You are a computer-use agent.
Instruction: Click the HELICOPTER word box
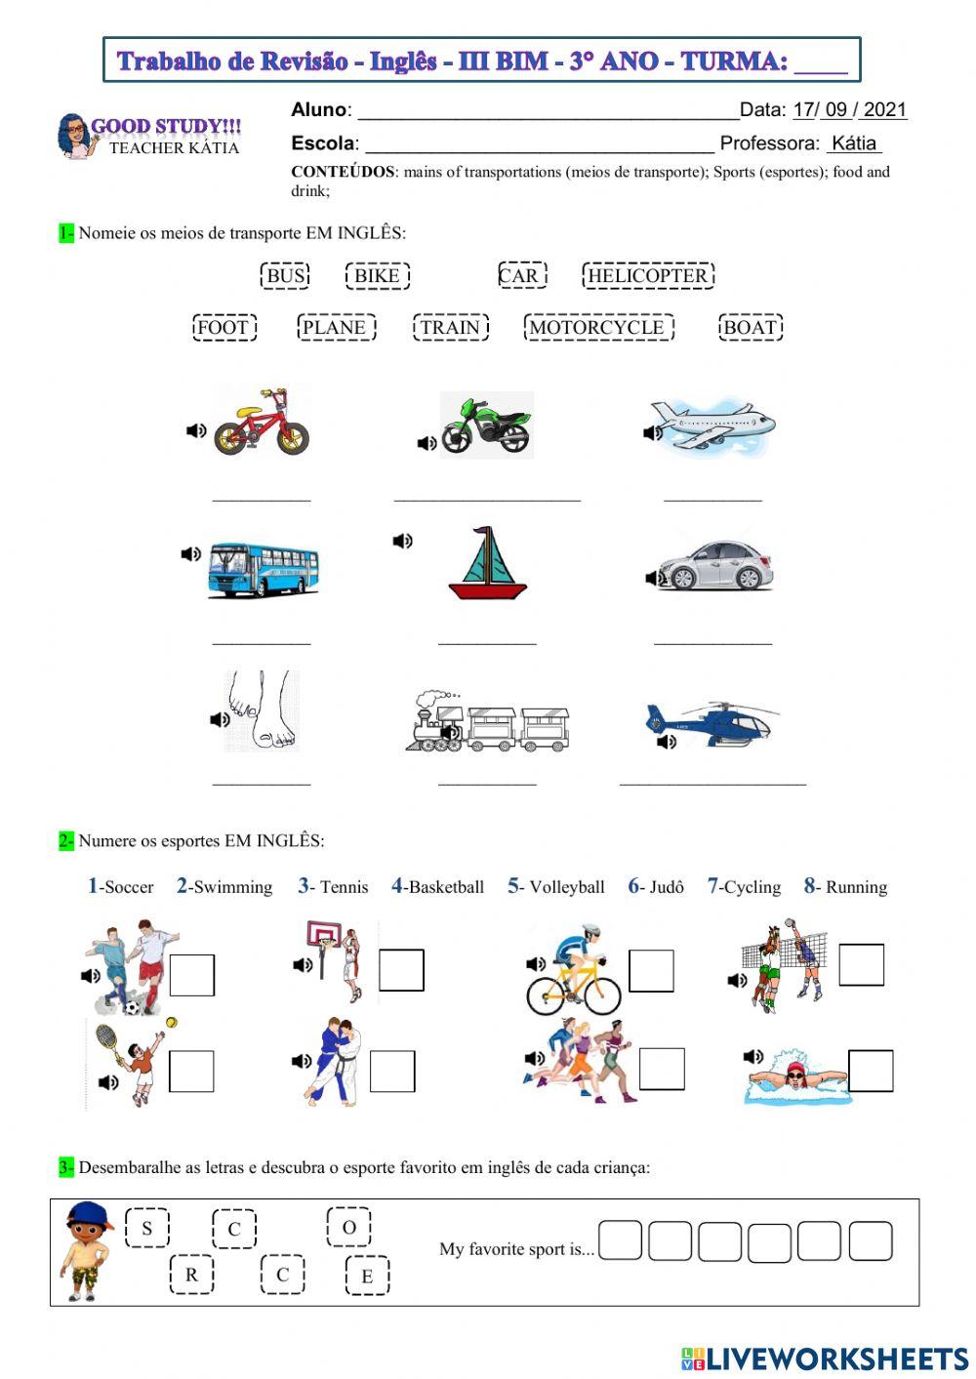(x=648, y=276)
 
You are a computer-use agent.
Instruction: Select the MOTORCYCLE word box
(x=597, y=328)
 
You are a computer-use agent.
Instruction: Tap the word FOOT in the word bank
(x=224, y=328)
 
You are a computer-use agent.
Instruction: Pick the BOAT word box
(x=751, y=328)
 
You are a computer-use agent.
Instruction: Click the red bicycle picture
(x=262, y=422)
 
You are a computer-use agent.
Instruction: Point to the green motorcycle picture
(x=485, y=425)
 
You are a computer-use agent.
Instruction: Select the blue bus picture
(x=263, y=569)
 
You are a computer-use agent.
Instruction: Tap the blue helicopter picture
(x=713, y=722)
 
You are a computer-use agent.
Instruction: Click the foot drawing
(x=261, y=710)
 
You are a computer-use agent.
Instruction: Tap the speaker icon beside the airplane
(x=653, y=432)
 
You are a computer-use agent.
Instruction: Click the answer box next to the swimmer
(x=871, y=1071)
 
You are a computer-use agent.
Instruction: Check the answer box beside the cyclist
(x=651, y=971)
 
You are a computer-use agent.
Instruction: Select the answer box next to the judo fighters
(x=392, y=1072)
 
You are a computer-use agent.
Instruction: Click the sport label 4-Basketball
(x=437, y=886)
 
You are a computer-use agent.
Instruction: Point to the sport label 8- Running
(x=845, y=886)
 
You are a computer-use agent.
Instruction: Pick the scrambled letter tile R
(x=191, y=1275)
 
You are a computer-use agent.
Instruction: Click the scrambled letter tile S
(x=147, y=1228)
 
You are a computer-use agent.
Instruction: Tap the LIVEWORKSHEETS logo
(x=825, y=1358)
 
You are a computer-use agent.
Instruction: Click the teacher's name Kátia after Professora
(x=854, y=143)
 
